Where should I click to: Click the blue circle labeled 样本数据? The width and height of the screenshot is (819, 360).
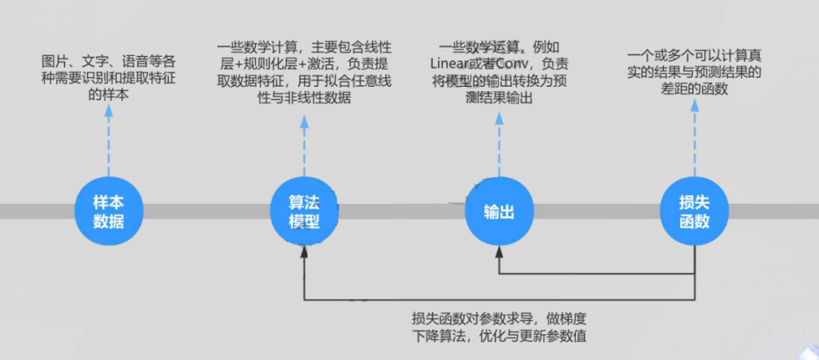tap(109, 213)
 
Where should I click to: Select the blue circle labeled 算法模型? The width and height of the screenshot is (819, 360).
tap(304, 213)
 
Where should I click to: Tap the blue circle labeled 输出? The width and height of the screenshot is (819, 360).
tap(499, 213)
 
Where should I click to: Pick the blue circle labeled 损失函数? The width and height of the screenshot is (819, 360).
tap(694, 213)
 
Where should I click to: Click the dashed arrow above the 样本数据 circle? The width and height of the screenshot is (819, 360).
tap(109, 142)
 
